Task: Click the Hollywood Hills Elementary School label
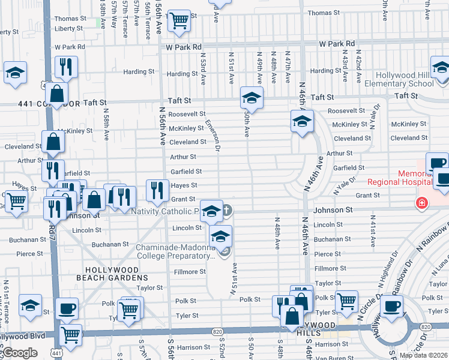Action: pos(405,80)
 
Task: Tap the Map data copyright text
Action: pos(423,355)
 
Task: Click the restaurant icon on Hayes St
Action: pos(157,190)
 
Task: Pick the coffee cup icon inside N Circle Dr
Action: pos(393,307)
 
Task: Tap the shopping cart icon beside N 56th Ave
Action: pos(179,20)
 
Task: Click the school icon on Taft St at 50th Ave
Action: pos(252,97)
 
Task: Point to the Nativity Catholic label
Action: pos(165,211)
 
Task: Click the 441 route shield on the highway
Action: pos(56,354)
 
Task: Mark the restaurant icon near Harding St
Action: pos(66,67)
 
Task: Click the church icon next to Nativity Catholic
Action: pos(226,210)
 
